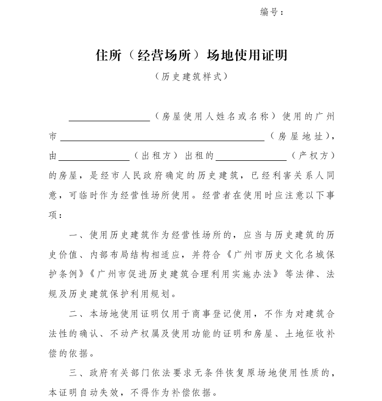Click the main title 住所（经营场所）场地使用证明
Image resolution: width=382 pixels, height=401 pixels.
[191, 55]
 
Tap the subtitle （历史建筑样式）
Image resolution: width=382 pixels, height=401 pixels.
[191, 76]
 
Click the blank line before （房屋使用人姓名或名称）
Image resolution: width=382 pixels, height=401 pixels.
[109, 117]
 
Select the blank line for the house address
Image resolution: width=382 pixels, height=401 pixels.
[162, 137]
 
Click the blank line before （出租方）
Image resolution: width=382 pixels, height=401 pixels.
[94, 157]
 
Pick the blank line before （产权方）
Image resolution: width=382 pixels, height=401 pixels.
[251, 157]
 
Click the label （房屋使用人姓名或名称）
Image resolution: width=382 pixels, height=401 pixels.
[215, 116]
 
